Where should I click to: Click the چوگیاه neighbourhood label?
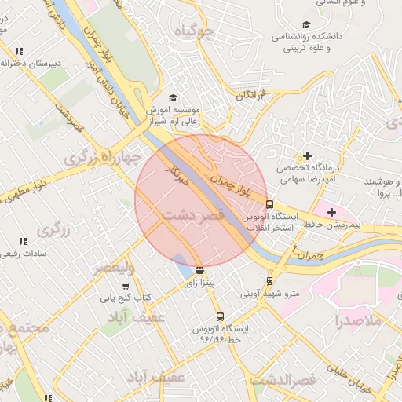[194, 31]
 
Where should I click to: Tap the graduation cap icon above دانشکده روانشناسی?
[305, 24]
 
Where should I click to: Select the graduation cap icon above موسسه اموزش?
[173, 97]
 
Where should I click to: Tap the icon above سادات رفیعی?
[23, 241]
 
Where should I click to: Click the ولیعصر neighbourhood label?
[115, 269]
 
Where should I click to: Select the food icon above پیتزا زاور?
[199, 269]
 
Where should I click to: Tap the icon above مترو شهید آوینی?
[270, 280]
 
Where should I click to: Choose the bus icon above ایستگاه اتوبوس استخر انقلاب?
[270, 204]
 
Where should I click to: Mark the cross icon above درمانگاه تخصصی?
[307, 155]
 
